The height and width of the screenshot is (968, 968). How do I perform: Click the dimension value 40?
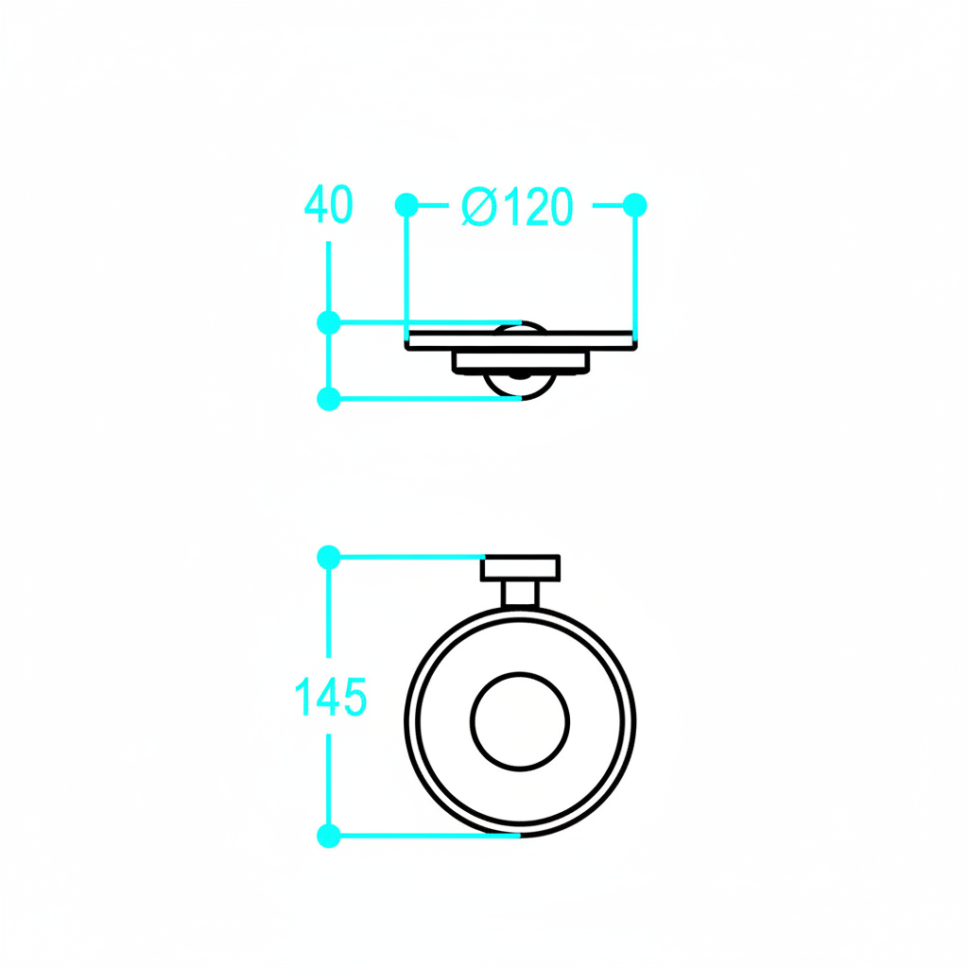coord(328,205)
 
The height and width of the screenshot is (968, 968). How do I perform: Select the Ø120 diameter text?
coord(517,207)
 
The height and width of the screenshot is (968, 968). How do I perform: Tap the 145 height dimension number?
coord(330,698)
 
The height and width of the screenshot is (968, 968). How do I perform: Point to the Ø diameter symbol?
coord(479,207)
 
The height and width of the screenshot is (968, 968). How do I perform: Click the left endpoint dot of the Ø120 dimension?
coord(406,204)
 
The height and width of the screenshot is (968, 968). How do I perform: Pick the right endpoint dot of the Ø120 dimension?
coord(635,204)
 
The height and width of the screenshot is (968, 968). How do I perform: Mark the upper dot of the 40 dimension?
coord(328,322)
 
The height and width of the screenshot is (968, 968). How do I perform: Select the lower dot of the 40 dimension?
coord(328,399)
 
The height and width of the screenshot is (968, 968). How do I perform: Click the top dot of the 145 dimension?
coord(328,558)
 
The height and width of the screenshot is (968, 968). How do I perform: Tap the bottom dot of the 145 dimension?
coord(328,836)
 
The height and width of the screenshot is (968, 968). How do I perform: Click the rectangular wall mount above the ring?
coord(521,568)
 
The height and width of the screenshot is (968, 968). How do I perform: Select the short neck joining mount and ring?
coord(519,595)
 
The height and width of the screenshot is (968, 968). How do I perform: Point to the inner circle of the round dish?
coord(520,722)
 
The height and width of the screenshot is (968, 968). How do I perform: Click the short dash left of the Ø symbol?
coord(434,204)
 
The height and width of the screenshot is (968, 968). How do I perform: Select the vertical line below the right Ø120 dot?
coord(635,274)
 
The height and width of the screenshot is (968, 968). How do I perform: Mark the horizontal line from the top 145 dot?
coord(406,558)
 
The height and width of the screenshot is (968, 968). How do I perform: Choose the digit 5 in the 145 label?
coord(353,698)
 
